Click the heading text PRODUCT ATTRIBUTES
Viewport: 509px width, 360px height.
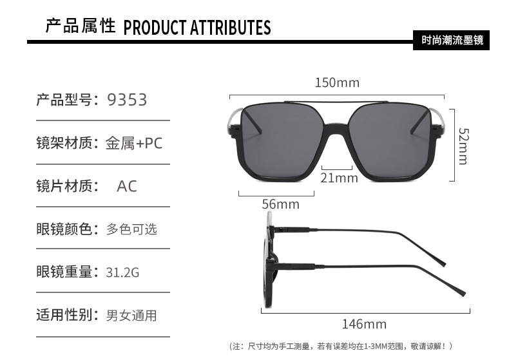pos(197,28)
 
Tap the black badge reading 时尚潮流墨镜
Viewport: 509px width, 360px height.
pos(451,41)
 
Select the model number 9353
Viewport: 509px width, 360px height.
pos(127,100)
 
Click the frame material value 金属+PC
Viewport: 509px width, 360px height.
pos(134,143)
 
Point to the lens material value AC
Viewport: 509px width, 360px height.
pos(127,186)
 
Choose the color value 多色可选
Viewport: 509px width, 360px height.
pos(131,229)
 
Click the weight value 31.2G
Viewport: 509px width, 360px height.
pos(122,272)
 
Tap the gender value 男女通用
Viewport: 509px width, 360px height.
pos(131,316)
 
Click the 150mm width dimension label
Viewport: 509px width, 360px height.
pos(337,83)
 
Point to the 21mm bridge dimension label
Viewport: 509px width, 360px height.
pos(339,178)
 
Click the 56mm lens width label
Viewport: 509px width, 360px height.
pos(280,204)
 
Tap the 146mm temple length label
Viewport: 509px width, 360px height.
pos(364,324)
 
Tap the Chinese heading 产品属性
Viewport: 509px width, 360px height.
pos(80,26)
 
